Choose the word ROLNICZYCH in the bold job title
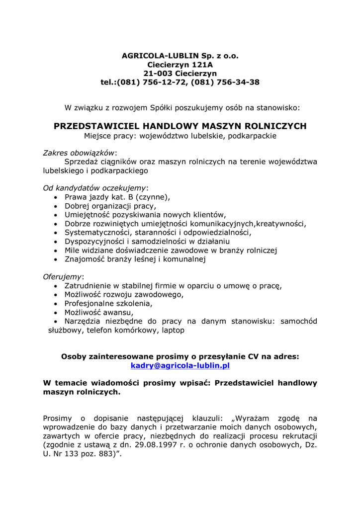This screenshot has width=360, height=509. click(x=278, y=126)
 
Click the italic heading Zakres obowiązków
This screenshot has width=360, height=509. click(x=79, y=153)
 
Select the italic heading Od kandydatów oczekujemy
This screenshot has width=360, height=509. click(x=94, y=188)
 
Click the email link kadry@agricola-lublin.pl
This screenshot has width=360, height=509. click(x=180, y=365)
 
